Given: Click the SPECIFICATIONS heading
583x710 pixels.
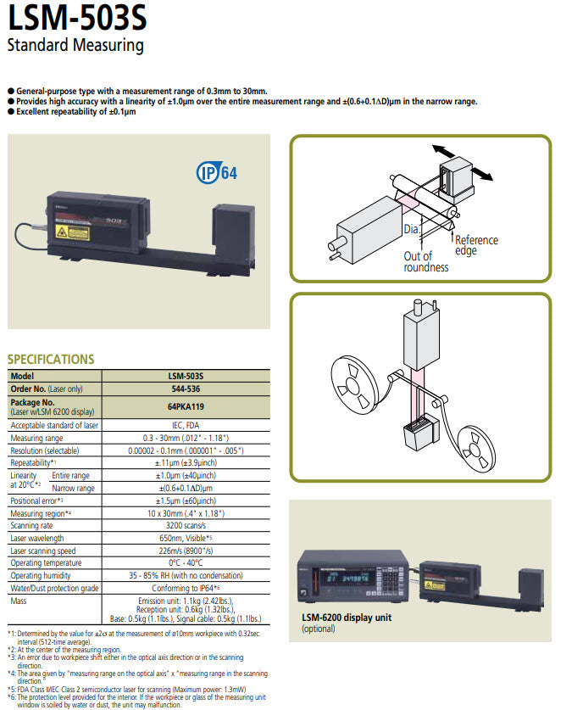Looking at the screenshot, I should [x=51, y=359].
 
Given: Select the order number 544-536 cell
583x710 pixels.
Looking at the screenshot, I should [x=186, y=389].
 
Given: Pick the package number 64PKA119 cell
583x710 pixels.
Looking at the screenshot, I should [x=186, y=406].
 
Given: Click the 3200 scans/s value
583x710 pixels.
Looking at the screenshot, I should [x=186, y=526].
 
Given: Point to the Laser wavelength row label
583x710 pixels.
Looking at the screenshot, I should [x=36, y=538].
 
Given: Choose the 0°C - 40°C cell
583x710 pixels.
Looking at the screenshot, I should [x=186, y=563].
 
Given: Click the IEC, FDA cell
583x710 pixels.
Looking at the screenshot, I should [x=186, y=425].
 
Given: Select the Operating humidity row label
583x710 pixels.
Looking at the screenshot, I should [x=42, y=575].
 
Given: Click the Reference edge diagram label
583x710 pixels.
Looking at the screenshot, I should [x=476, y=245].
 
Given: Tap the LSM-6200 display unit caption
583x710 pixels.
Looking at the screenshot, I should [x=347, y=618].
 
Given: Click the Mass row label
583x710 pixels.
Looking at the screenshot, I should [x=19, y=600].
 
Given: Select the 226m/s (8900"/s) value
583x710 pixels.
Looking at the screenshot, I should [x=186, y=551].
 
